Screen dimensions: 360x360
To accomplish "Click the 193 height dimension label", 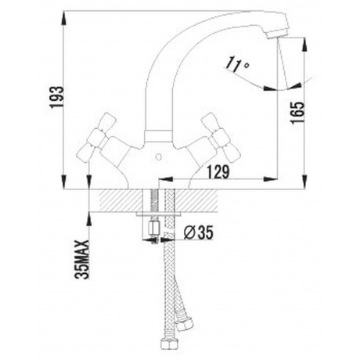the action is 56,97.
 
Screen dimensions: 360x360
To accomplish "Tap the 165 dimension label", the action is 298,113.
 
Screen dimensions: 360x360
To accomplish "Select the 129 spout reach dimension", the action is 218,171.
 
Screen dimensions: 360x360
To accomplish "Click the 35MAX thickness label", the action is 82,260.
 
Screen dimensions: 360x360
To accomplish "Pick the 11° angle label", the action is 237,64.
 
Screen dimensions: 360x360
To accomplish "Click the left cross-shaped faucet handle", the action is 98,136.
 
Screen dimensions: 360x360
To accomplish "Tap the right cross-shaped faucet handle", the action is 221,137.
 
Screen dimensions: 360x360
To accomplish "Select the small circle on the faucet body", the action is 158,157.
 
